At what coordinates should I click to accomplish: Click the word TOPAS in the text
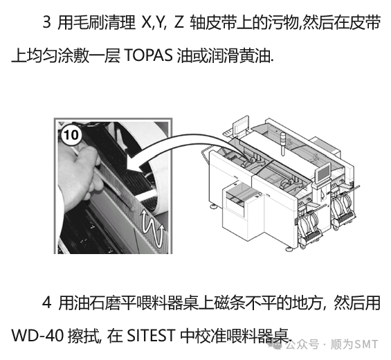(x=148, y=55)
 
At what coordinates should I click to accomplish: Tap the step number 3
(x=46, y=22)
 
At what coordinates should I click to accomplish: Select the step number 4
(x=47, y=303)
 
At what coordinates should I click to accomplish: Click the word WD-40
(x=37, y=336)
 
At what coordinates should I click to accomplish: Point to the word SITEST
(x=151, y=336)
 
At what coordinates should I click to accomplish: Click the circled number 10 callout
(x=71, y=135)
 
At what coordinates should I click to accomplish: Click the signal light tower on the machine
(x=282, y=144)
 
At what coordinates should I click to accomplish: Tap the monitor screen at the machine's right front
(x=323, y=173)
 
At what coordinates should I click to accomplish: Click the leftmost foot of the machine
(x=214, y=206)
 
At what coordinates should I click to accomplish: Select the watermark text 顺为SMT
(x=354, y=345)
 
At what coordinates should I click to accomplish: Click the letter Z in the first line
(x=179, y=22)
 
